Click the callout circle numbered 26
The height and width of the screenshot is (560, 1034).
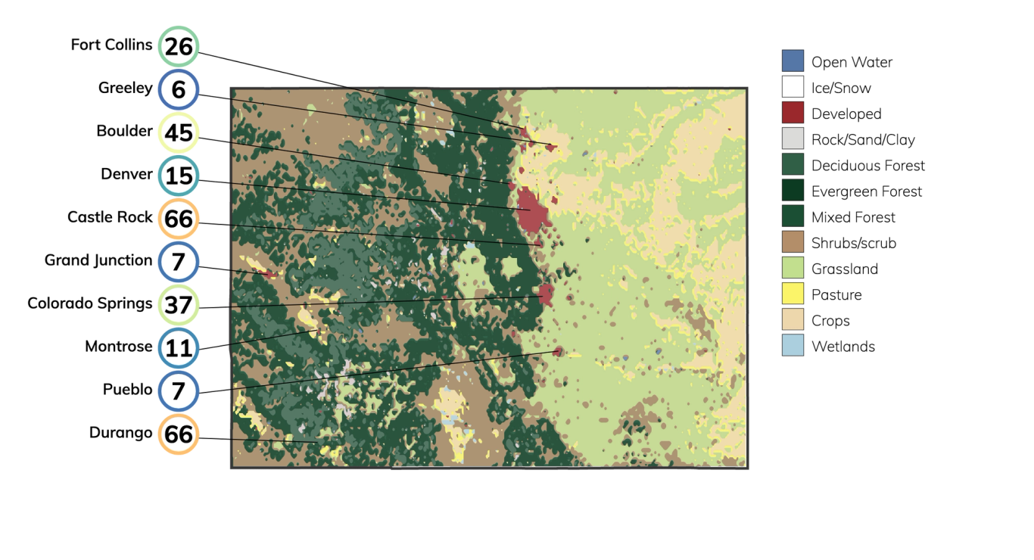[x=179, y=47]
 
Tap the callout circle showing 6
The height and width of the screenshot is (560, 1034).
[x=179, y=90]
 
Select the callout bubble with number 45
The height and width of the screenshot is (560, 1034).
[x=179, y=133]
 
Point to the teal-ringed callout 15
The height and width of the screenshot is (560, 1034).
[x=179, y=176]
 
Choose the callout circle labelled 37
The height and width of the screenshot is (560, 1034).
[x=179, y=306]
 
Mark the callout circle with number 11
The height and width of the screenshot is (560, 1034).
[x=179, y=349]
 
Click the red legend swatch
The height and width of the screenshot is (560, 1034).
[x=793, y=113]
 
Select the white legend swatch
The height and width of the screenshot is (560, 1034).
[x=793, y=87]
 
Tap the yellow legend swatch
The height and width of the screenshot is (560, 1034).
[x=793, y=294]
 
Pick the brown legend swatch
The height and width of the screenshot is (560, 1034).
[x=793, y=241]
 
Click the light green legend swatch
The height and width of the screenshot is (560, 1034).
[x=793, y=268]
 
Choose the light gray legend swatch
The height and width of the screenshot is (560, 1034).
[x=793, y=138]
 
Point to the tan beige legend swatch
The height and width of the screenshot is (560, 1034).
[x=793, y=319]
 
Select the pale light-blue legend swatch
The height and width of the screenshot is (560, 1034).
[x=793, y=345]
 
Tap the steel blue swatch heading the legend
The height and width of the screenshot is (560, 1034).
[x=793, y=61]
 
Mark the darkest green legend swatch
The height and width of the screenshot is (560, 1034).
[x=793, y=190]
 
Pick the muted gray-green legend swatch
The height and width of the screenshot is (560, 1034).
[x=793, y=164]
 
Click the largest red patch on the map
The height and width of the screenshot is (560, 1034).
[x=531, y=211]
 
